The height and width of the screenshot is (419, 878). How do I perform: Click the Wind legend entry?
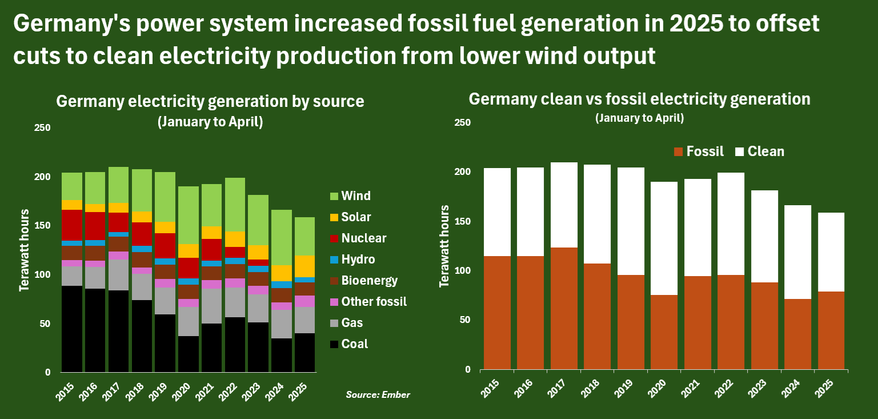click(x=350, y=196)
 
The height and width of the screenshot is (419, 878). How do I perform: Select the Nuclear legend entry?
click(x=356, y=238)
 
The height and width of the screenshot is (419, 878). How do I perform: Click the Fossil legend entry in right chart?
click(x=699, y=151)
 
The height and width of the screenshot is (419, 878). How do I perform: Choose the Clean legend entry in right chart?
click(x=759, y=151)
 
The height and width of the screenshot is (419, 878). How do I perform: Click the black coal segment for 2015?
click(x=72, y=329)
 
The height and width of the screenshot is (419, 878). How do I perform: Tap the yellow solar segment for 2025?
click(x=306, y=266)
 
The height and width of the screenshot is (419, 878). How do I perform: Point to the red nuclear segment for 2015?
click(x=72, y=225)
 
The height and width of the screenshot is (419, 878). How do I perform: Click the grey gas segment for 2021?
click(x=212, y=306)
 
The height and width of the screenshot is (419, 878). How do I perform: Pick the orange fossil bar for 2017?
click(x=564, y=309)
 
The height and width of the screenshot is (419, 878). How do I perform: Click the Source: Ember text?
click(x=378, y=395)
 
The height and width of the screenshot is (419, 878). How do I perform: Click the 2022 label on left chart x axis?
click(x=229, y=389)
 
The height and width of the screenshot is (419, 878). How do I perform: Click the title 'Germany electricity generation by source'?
click(x=210, y=101)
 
